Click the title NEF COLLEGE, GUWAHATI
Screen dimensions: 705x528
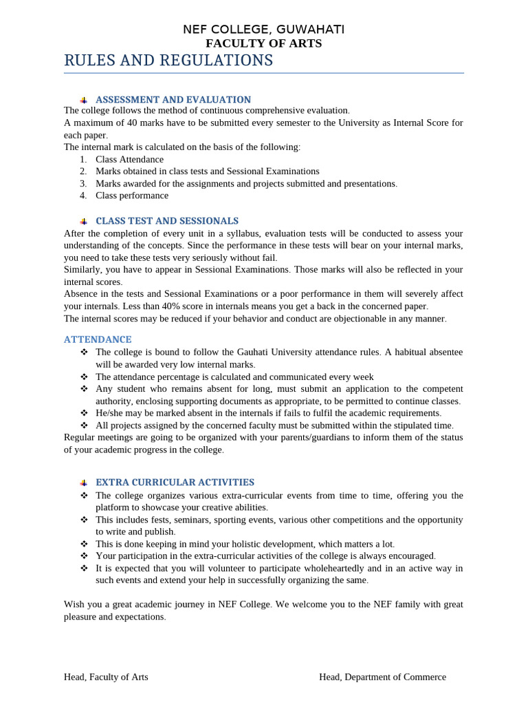(263, 29)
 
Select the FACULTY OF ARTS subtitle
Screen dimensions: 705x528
(263, 43)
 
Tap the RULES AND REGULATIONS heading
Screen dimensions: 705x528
(168, 61)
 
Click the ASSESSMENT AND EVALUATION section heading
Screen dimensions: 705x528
(173, 100)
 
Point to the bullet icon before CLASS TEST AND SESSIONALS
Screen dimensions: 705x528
(83, 222)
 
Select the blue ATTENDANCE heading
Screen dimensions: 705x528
(98, 339)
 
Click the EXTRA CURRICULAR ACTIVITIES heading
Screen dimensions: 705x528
(175, 483)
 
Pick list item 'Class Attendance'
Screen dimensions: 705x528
(130, 159)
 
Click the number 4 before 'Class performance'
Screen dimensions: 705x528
(82, 196)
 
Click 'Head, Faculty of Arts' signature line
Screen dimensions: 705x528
(106, 677)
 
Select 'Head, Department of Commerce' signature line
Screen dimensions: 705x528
(382, 677)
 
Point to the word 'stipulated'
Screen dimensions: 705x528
(396, 425)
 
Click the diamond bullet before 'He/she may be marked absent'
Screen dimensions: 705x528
(84, 413)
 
